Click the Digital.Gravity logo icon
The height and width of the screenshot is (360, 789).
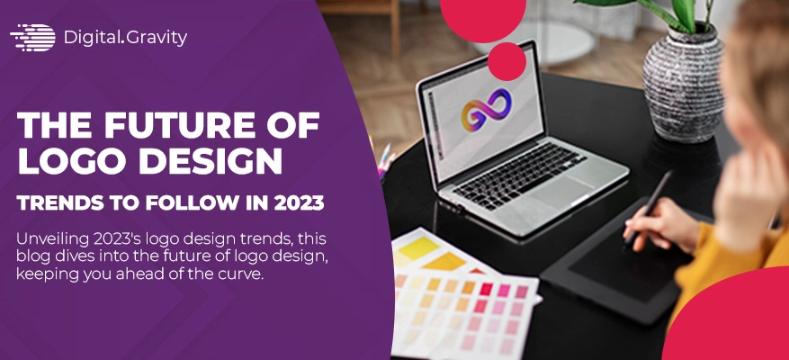(x=32, y=38)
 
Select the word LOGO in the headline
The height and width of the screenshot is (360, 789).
(x=63, y=160)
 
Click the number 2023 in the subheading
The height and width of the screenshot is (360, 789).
(x=300, y=202)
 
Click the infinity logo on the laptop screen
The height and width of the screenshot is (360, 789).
(x=486, y=110)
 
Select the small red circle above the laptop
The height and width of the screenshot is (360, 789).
(x=507, y=61)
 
